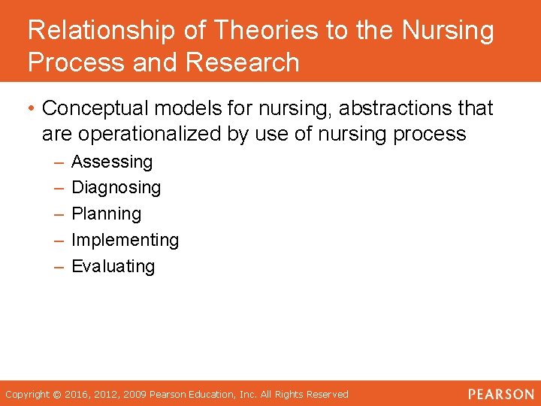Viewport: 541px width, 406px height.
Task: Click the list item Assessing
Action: (x=111, y=162)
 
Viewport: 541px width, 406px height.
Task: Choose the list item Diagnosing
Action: (x=116, y=188)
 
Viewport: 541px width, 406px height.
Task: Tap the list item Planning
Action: (x=106, y=214)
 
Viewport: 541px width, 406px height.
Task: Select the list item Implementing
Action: (x=125, y=241)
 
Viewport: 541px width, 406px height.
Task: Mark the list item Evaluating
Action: (x=113, y=266)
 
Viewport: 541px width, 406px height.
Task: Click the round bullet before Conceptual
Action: (x=32, y=109)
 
